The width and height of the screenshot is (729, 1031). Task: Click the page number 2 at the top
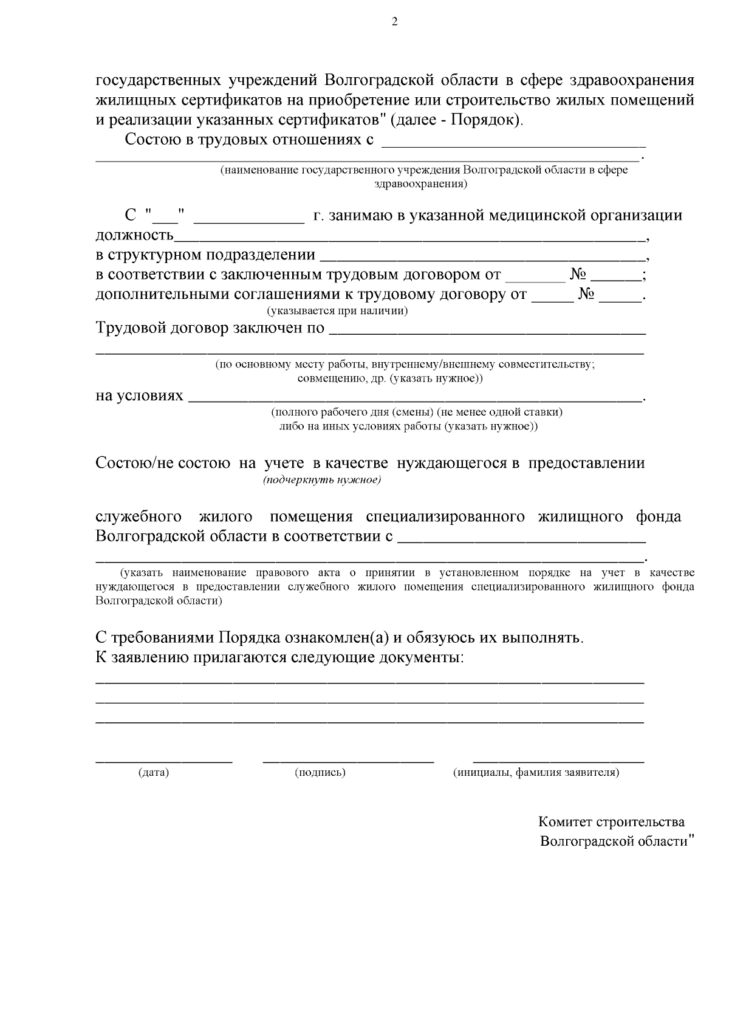395,22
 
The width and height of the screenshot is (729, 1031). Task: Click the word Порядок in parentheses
485,120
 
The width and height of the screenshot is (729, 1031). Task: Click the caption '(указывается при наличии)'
338,311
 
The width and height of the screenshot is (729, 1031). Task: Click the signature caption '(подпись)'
320,773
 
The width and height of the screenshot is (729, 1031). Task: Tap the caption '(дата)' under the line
154,773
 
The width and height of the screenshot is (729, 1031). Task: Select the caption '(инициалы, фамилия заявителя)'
536,773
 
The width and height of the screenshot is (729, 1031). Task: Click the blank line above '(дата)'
164,759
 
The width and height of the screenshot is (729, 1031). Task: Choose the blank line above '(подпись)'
348,759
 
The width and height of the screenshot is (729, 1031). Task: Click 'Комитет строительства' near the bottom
611,822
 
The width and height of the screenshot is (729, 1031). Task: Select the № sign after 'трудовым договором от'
577,275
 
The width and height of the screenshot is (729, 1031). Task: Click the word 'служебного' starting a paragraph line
139,517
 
